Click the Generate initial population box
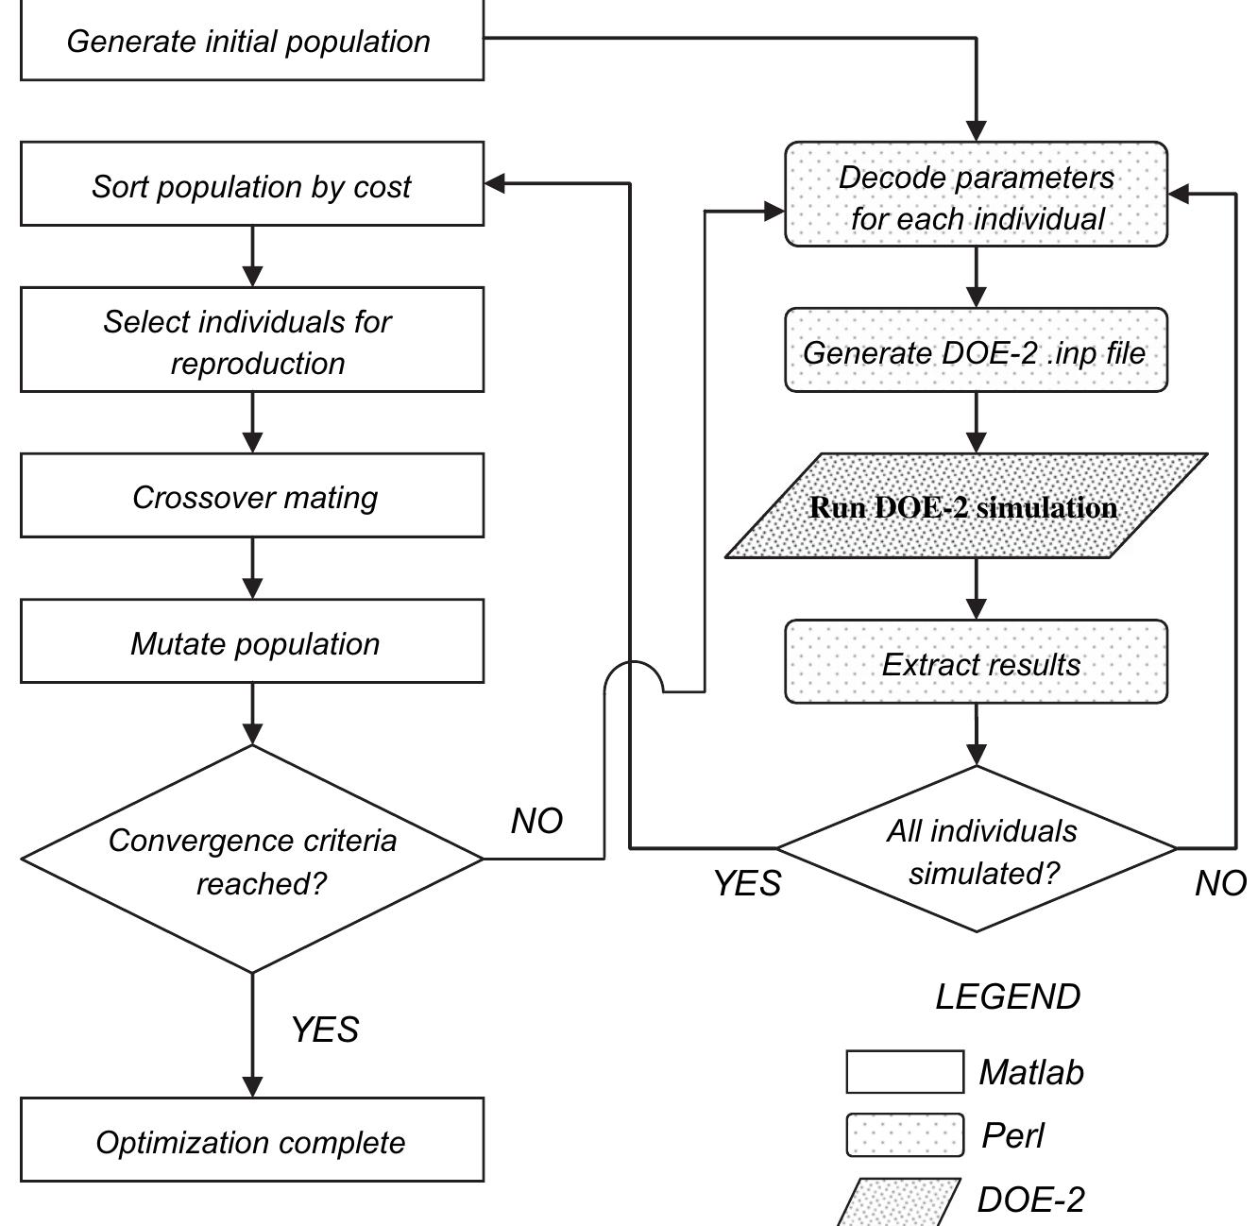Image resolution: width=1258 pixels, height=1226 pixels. (251, 42)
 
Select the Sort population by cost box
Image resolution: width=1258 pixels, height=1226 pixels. (251, 185)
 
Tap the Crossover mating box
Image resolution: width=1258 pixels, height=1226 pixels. (251, 496)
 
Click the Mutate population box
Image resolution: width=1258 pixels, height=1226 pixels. (251, 642)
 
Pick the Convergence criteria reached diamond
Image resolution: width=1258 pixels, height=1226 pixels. (251, 860)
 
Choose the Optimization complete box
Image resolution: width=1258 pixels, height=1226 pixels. (251, 1141)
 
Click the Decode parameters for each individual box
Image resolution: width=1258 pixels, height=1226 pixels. (976, 196)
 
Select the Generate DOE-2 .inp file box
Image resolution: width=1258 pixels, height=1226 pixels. (976, 351)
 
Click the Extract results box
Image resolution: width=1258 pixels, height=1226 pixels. (976, 663)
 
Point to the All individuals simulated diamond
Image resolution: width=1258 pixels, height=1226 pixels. (976, 850)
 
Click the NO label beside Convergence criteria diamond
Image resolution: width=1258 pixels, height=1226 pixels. (536, 821)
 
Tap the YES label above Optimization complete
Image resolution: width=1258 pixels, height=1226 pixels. (325, 1029)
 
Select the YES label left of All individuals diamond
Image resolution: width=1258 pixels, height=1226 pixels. (747, 883)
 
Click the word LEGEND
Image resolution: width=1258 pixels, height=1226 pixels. (1007, 996)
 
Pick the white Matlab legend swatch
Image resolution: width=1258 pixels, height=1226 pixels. (904, 1072)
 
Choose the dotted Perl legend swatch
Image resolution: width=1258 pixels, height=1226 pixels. (904, 1134)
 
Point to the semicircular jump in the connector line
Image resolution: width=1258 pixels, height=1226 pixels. (633, 673)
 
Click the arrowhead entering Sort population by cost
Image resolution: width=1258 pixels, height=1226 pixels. (495, 184)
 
